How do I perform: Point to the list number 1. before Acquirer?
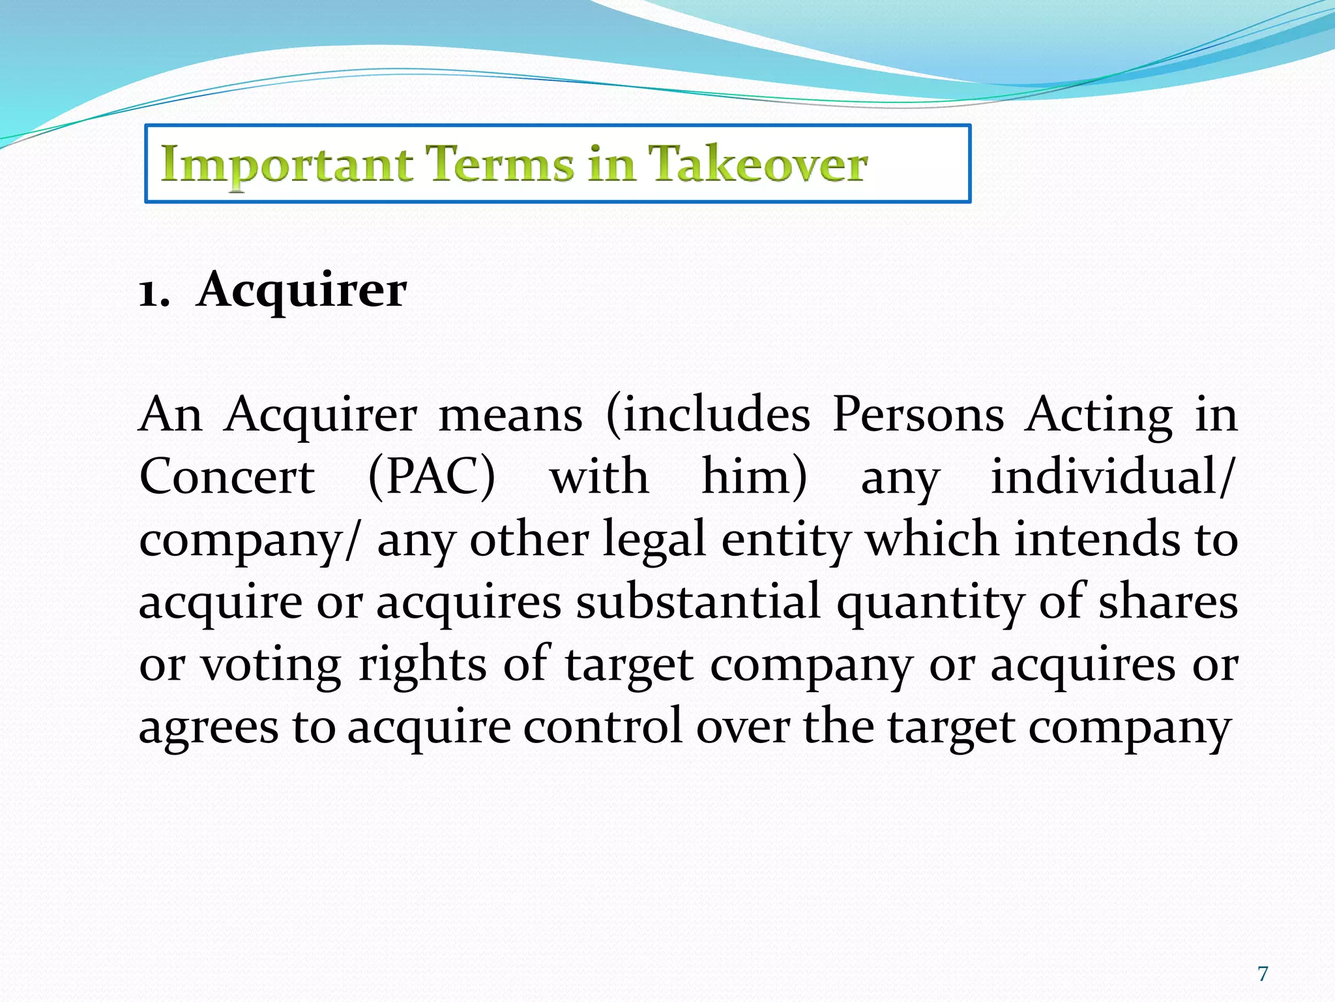click(154, 293)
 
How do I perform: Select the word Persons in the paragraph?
click(918, 414)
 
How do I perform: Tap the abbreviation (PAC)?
click(432, 477)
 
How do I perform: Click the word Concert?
click(227, 477)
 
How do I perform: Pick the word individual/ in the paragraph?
click(1112, 477)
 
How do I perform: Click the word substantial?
click(697, 601)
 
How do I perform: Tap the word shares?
click(1168, 601)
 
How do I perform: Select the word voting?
click(270, 666)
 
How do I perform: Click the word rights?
click(422, 666)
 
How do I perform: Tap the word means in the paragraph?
click(510, 416)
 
